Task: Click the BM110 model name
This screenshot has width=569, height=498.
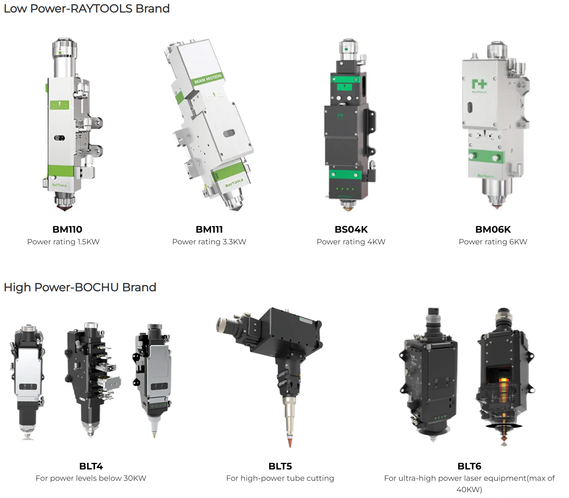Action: click(x=67, y=229)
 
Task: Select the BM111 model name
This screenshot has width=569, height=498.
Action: click(x=209, y=229)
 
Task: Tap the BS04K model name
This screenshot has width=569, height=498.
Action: click(x=351, y=229)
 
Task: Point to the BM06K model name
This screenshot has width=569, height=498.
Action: click(x=493, y=229)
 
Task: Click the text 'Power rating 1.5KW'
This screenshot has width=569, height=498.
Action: click(x=63, y=242)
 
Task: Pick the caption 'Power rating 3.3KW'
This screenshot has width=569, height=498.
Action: click(x=209, y=242)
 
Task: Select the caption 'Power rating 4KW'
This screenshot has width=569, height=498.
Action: click(x=351, y=242)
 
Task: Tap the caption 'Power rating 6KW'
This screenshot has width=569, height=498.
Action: click(x=493, y=242)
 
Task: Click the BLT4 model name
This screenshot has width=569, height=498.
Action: click(x=91, y=466)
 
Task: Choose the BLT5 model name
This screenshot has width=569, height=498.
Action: click(x=280, y=466)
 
